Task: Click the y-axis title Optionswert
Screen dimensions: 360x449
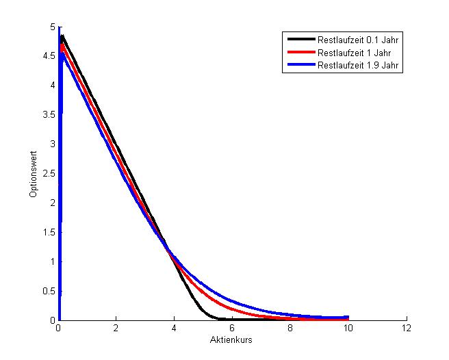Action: (x=33, y=179)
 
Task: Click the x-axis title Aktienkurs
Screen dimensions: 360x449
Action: (x=233, y=340)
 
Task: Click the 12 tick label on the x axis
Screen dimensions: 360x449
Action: (x=407, y=329)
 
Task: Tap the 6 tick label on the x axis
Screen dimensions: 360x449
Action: (x=233, y=329)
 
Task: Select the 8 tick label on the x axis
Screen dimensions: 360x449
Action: (x=291, y=329)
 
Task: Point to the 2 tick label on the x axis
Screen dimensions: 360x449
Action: (x=117, y=329)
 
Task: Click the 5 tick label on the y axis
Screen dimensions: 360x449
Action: (x=52, y=27)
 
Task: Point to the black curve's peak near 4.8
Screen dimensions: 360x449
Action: (x=62, y=36)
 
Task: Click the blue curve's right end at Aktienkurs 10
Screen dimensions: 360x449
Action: (x=348, y=317)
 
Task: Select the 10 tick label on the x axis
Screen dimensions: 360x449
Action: (x=348, y=329)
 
